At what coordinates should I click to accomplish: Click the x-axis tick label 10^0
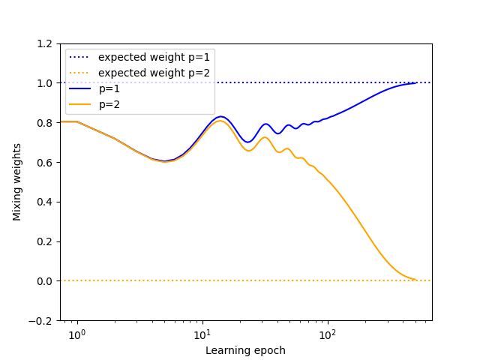coord(76,334)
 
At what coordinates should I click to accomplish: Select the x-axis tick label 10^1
coord(202,334)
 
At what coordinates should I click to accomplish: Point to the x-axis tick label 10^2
coord(327,334)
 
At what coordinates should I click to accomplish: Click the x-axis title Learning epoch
coord(245,350)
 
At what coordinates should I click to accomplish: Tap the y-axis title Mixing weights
coord(16,182)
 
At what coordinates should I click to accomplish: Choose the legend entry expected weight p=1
coord(154,57)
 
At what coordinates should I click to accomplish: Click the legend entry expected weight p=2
coord(154,73)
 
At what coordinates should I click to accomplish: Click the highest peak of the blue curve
coord(220,116)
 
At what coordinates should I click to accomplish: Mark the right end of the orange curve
coord(415,280)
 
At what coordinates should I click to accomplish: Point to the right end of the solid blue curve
coord(415,82)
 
